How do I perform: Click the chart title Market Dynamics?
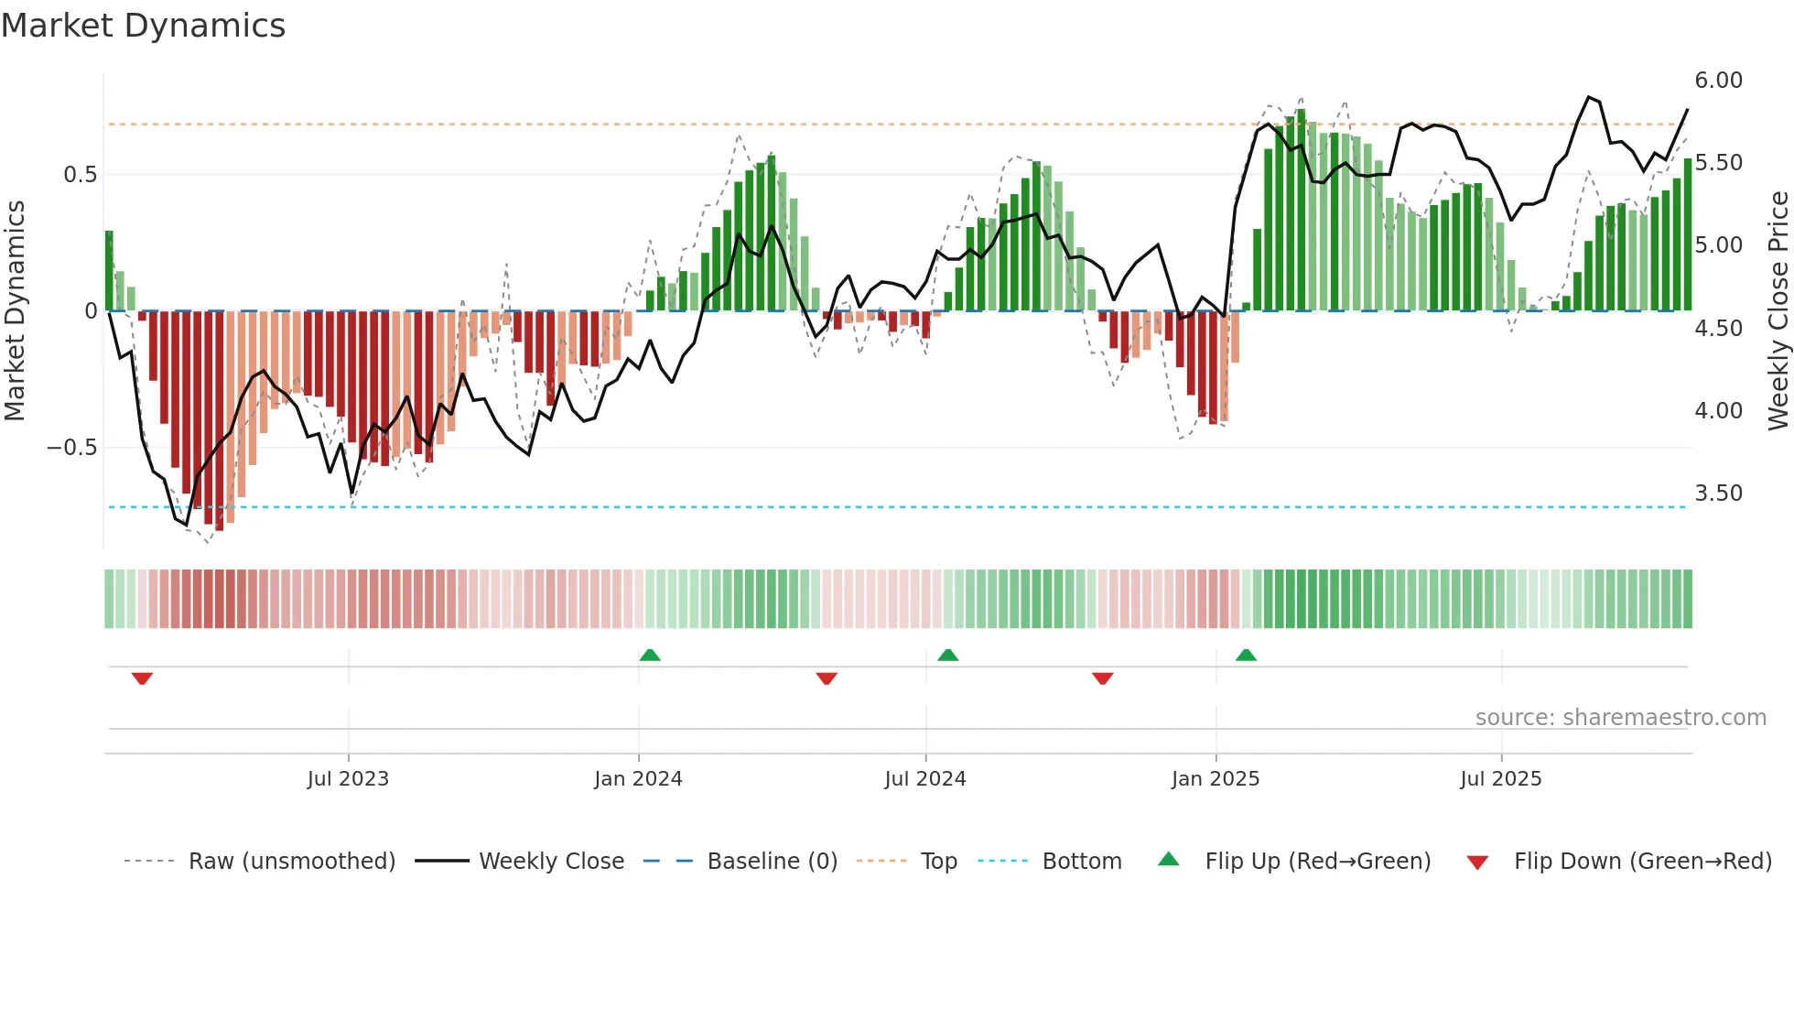click(144, 26)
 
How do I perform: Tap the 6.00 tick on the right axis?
click(1718, 81)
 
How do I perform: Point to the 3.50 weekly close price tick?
click(1718, 494)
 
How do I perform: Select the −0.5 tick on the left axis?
click(71, 448)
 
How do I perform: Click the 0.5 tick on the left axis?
click(80, 175)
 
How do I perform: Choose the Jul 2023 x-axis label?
click(348, 779)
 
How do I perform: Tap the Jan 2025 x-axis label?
click(1215, 779)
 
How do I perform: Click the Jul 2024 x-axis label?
click(924, 779)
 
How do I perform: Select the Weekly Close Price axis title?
click(1778, 311)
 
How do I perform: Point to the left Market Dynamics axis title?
click(15, 311)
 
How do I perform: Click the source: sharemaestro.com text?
click(1620, 718)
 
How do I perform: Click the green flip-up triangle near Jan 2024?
click(650, 655)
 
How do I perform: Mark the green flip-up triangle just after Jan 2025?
click(1246, 655)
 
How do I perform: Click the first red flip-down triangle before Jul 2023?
click(142, 678)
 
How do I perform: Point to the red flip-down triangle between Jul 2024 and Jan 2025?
click(1102, 678)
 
